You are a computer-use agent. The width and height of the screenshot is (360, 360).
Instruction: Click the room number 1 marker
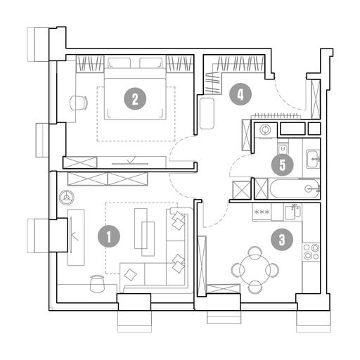(x=109, y=236)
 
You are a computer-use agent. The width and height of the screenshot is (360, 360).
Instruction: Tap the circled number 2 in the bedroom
(x=135, y=98)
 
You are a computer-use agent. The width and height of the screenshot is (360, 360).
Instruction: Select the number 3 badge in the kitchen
(x=282, y=240)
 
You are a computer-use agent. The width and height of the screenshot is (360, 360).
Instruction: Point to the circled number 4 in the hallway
(x=240, y=95)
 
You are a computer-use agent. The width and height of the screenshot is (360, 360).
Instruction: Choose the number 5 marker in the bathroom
(x=283, y=165)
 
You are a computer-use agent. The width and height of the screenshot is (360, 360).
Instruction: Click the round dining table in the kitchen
(x=255, y=270)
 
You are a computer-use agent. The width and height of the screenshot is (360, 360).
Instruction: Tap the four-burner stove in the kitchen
(x=311, y=252)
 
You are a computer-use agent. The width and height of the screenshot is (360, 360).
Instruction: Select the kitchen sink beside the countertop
(x=292, y=212)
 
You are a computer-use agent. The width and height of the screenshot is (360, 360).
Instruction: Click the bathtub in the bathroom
(x=295, y=189)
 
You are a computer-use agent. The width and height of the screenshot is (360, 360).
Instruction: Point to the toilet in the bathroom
(x=283, y=147)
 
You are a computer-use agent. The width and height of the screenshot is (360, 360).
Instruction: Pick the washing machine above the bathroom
(x=266, y=129)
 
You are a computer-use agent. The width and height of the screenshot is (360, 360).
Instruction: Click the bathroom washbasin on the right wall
(x=313, y=159)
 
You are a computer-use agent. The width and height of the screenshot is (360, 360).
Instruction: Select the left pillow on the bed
(x=119, y=63)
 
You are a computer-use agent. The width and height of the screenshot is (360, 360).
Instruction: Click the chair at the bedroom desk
(x=79, y=103)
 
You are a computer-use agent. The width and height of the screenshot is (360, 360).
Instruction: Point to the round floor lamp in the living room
(x=67, y=198)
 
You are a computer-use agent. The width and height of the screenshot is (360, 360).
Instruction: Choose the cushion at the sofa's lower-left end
(x=130, y=275)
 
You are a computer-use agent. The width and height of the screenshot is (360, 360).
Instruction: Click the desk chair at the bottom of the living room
(x=97, y=283)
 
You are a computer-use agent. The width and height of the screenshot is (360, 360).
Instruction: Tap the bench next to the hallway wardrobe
(x=207, y=113)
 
